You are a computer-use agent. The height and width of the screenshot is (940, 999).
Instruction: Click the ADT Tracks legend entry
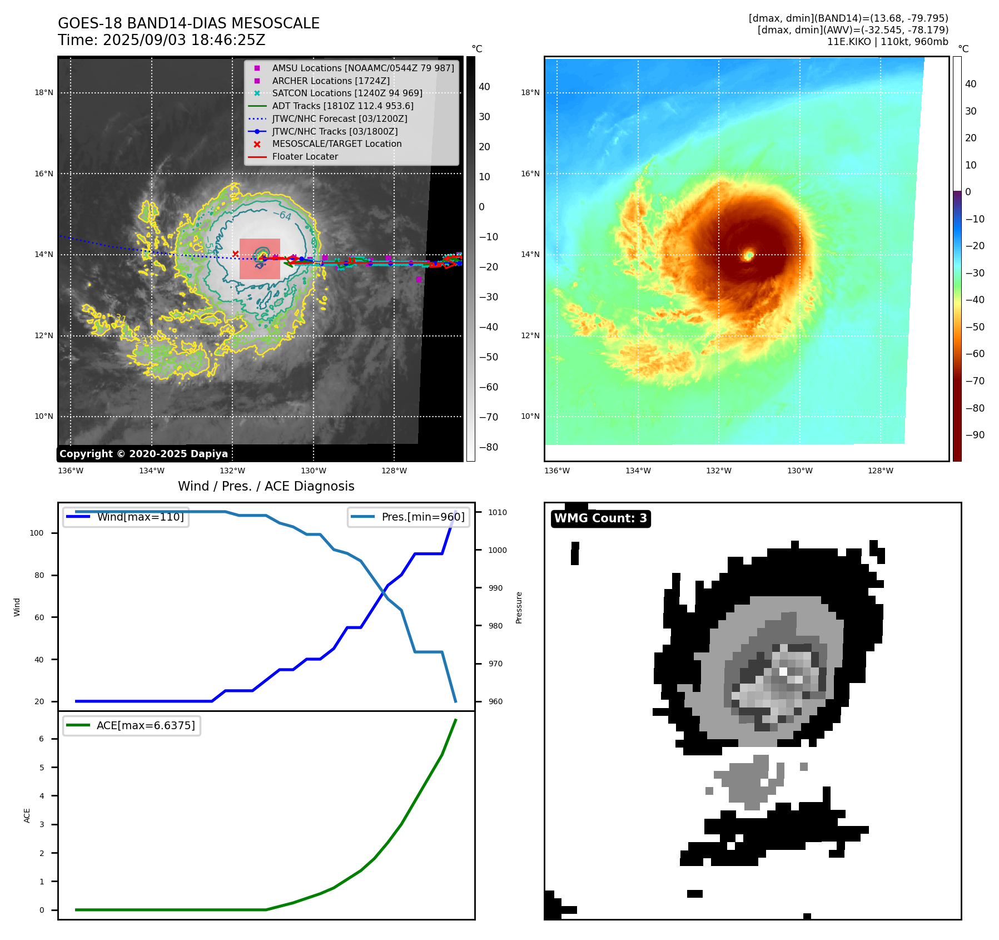[x=342, y=106]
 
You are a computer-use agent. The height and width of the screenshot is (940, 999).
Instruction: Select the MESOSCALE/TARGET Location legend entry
[x=336, y=144]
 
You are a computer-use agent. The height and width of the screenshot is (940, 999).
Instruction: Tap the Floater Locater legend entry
[x=305, y=156]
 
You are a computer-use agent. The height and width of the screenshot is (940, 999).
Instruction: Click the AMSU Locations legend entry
[x=362, y=68]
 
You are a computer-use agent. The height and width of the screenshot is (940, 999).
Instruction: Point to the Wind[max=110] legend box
[x=126, y=517]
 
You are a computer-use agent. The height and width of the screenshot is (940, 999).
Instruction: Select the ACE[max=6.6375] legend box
[x=132, y=725]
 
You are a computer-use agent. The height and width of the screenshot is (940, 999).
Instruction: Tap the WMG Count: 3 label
[x=600, y=518]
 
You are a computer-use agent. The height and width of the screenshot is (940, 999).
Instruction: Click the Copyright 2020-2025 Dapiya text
[x=143, y=454]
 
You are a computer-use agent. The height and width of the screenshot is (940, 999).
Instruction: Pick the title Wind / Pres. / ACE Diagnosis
[x=266, y=486]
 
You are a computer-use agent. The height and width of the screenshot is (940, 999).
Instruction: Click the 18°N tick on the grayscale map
[x=44, y=93]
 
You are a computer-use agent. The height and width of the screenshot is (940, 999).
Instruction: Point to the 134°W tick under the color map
[x=638, y=471]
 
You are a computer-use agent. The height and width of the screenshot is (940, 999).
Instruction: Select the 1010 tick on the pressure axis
[x=498, y=512]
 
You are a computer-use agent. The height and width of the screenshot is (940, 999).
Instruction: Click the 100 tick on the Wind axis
[x=36, y=533]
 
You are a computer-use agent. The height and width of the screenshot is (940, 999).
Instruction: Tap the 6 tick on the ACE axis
[x=41, y=739]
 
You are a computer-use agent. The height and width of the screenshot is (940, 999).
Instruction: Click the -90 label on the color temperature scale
[x=975, y=435]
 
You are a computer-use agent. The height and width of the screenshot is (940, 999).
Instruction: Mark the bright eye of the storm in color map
[x=748, y=255]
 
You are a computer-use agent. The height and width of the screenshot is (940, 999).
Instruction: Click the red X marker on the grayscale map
[x=235, y=254]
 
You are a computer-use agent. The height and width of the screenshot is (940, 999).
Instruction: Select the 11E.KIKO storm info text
[x=887, y=42]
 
